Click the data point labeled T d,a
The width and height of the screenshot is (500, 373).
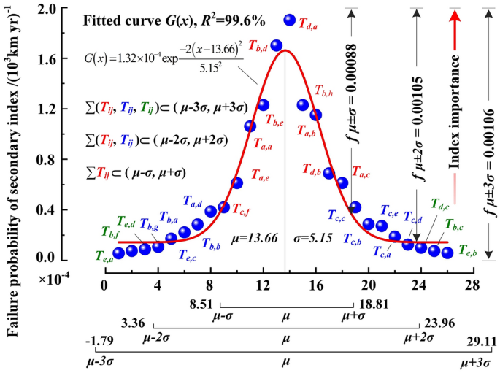290,20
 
